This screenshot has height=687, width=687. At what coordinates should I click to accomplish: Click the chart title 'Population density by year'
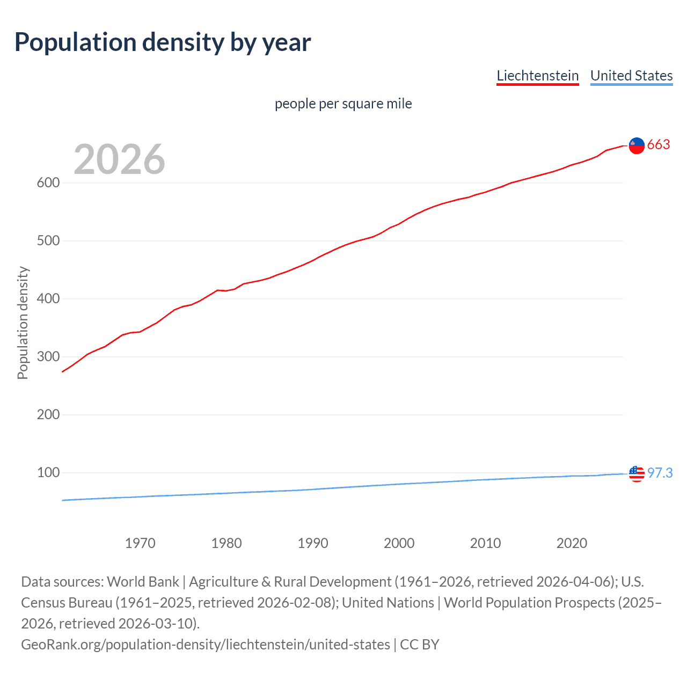163,42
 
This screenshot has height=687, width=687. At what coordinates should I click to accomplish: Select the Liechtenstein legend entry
537,76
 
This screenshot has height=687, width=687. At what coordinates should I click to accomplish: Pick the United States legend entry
631,76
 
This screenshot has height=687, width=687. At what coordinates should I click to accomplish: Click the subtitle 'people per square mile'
343,104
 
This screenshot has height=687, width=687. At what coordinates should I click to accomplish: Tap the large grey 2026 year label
119,159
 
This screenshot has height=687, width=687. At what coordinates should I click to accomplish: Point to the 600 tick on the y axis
48,182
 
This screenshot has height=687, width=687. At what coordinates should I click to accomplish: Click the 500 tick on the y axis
48,240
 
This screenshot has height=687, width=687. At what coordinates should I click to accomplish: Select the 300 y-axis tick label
48,356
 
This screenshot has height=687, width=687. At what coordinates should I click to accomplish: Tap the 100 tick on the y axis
48,472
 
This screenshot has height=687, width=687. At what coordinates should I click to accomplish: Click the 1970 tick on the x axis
140,543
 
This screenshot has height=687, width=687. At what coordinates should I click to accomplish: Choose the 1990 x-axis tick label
313,543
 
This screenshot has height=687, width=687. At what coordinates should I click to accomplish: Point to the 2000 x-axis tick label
399,543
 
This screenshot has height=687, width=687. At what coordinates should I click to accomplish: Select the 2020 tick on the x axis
572,543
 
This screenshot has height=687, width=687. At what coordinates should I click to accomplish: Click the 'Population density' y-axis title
23,323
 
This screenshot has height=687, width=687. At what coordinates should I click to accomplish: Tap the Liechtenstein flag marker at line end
637,145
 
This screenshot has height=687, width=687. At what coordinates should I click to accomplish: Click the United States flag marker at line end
637,473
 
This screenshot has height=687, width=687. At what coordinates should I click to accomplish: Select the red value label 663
659,144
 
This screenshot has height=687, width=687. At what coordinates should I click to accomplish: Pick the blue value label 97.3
660,473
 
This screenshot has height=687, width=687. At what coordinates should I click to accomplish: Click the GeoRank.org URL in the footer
205,644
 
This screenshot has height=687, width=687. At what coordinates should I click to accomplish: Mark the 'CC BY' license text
420,644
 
